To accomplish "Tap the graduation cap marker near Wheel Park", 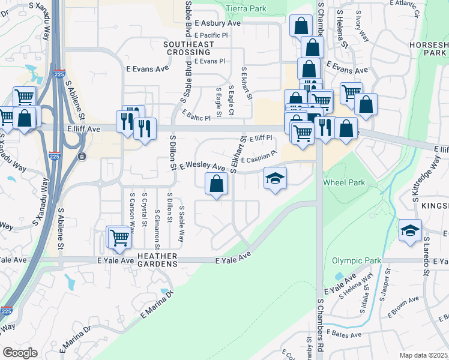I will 275,178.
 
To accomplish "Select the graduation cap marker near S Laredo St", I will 410,230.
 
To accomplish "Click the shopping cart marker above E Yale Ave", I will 119,238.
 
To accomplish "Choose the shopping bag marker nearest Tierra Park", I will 301,26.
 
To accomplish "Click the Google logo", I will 20,353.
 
